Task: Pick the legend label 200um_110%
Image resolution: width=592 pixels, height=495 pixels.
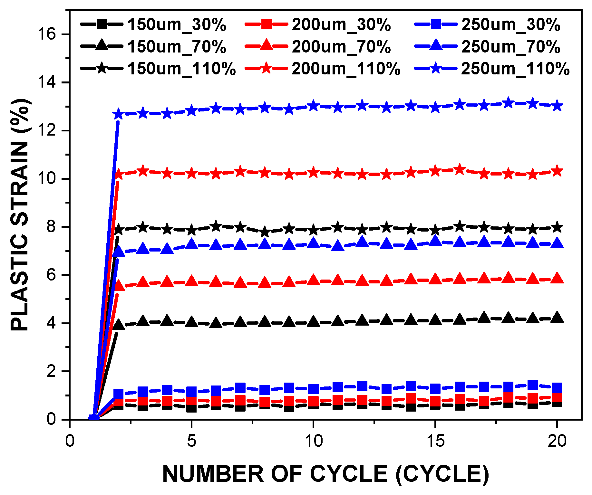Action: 345,69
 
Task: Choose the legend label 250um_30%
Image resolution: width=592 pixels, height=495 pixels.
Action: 510,25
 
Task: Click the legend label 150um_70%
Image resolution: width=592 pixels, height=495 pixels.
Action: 177,47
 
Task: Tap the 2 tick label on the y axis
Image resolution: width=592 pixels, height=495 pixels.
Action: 52,371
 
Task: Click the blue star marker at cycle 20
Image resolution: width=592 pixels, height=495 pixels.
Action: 557,106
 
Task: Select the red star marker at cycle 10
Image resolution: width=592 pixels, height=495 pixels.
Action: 313,173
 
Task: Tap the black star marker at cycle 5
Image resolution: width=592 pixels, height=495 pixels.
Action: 192,230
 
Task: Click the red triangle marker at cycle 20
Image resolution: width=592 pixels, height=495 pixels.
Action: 557,278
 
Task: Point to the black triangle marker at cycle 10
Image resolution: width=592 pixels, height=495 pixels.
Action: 313,321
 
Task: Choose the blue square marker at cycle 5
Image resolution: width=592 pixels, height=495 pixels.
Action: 192,392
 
